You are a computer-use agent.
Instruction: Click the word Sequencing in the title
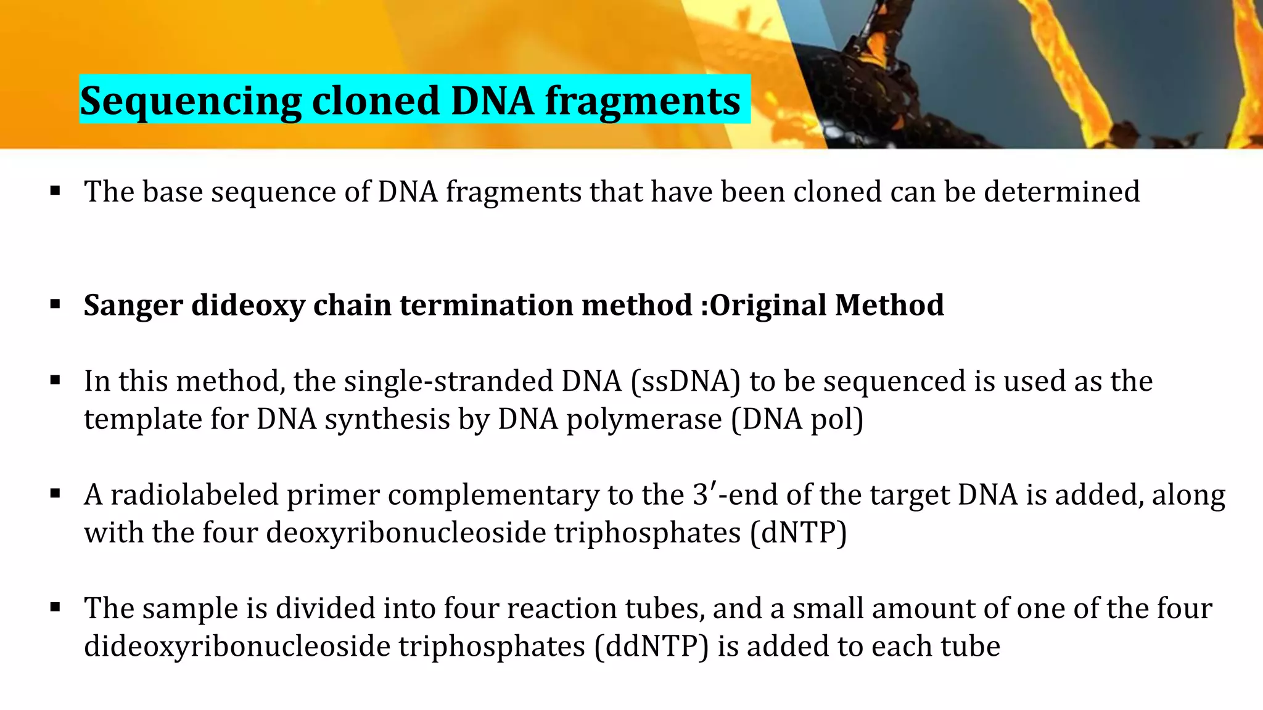191,101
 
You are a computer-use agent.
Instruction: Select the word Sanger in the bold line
133,305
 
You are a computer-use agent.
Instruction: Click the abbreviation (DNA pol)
797,420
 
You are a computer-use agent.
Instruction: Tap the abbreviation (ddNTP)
652,647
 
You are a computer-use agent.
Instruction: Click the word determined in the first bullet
1061,192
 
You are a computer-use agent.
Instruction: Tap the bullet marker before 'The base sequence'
56,191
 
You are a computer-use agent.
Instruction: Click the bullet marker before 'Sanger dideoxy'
56,304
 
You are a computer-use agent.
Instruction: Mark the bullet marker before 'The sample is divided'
56,608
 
